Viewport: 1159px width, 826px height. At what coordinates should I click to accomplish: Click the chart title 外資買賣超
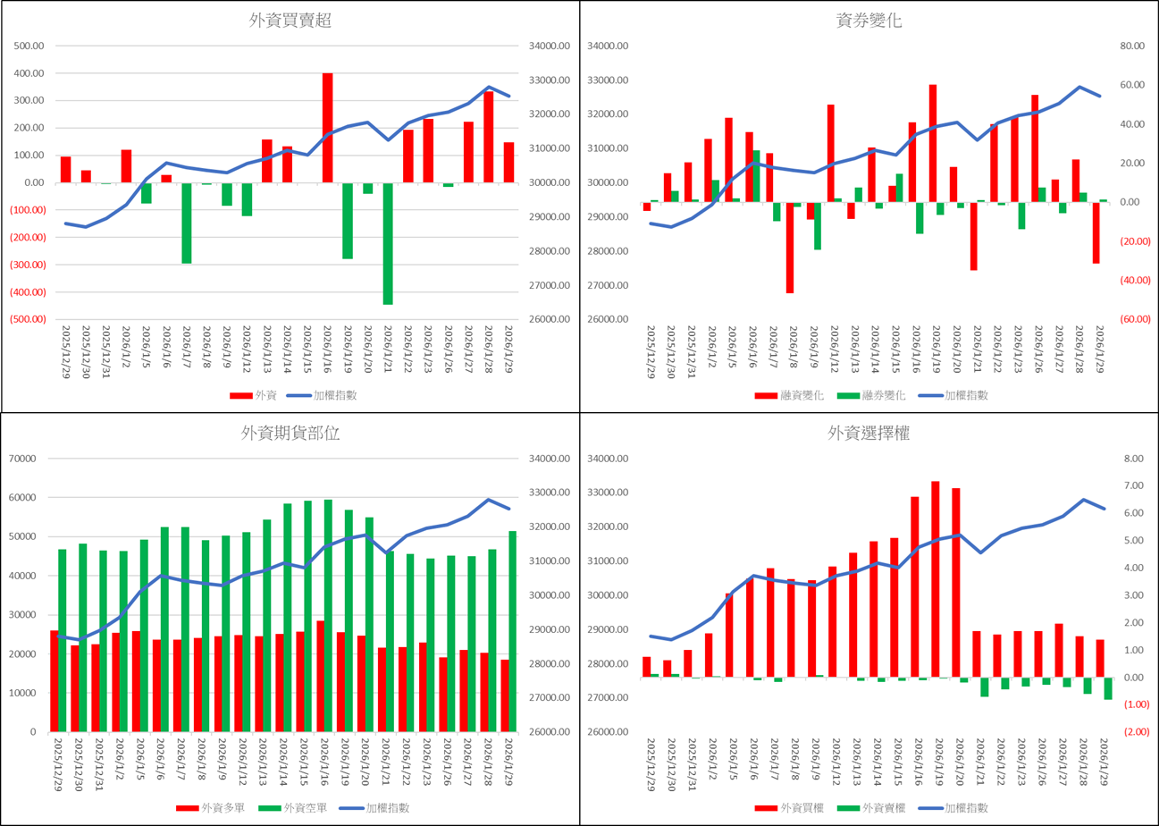point(290,21)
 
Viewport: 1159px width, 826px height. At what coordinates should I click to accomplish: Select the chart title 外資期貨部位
point(290,434)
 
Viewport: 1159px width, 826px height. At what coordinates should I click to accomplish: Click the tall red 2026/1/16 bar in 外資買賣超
point(327,128)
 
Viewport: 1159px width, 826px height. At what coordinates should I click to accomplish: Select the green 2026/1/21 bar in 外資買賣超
point(388,243)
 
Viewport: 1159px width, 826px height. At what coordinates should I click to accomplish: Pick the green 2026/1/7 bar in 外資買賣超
point(187,223)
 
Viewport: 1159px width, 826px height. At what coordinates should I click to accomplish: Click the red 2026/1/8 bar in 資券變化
point(790,248)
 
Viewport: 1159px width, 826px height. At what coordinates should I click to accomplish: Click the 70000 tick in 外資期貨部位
point(30,459)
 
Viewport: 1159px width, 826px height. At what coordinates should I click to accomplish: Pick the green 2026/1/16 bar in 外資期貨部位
point(327,615)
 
